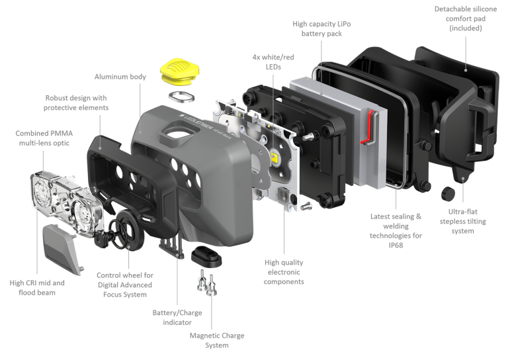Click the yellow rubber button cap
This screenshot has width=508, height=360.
pyautogui.click(x=179, y=72)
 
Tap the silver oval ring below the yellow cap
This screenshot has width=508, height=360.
pyautogui.click(x=182, y=97)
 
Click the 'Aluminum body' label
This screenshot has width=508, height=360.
pyautogui.click(x=120, y=77)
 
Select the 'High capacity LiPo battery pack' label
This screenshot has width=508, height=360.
pyautogui.click(x=321, y=28)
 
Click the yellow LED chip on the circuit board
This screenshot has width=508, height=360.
pyautogui.click(x=275, y=157)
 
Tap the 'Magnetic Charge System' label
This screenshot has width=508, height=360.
pyautogui.click(x=217, y=340)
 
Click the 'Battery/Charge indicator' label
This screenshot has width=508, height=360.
pyautogui.click(x=177, y=318)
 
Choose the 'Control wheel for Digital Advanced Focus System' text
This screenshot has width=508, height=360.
pyautogui.click(x=125, y=285)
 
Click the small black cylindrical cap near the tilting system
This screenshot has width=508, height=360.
pyautogui.click(x=448, y=193)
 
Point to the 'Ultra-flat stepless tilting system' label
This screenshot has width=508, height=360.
pyautogui.click(x=462, y=221)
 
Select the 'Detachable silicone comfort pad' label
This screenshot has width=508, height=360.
pyautogui.click(x=466, y=19)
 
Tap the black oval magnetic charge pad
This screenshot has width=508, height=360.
pyautogui.click(x=206, y=256)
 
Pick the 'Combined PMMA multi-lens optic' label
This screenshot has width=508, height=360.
pyautogui.click(x=44, y=138)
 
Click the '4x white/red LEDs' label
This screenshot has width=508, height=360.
pyautogui.click(x=273, y=62)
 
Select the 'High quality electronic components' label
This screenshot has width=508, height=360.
pyautogui.click(x=284, y=272)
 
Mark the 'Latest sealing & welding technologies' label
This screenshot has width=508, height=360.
pyautogui.click(x=396, y=231)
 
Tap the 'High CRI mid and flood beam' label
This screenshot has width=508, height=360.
pyautogui.click(x=37, y=288)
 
